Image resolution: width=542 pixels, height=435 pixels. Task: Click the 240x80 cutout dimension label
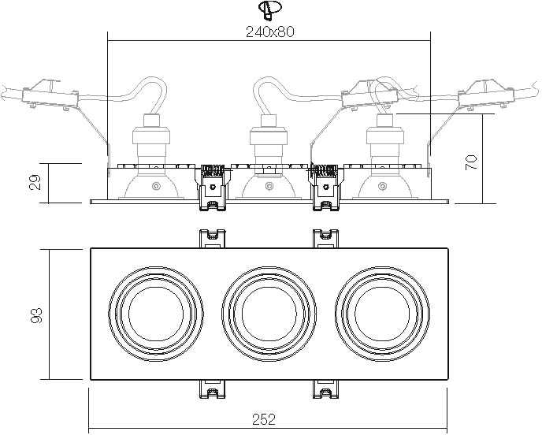pyautogui.click(x=270, y=32)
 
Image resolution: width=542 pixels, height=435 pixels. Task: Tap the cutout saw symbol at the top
pyautogui.click(x=269, y=9)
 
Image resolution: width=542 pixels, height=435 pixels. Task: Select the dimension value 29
pyautogui.click(x=35, y=182)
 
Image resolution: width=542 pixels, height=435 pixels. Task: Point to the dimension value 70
pyautogui.click(x=471, y=162)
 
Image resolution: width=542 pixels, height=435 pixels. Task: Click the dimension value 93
pyautogui.click(x=36, y=315)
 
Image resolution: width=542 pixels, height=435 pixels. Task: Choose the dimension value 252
pyautogui.click(x=264, y=419)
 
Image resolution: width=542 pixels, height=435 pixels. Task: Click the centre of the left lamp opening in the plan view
pyautogui.click(x=156, y=314)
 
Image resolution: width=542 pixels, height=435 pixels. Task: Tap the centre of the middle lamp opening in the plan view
pyautogui.click(x=269, y=314)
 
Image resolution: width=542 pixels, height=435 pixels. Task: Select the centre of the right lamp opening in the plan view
pyautogui.click(x=382, y=314)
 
